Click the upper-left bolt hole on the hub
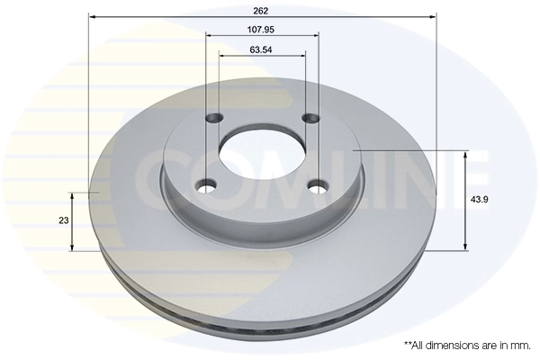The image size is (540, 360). click(x=215, y=118)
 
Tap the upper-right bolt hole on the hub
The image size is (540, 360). click(x=310, y=118)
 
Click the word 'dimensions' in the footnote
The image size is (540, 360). click(x=459, y=345)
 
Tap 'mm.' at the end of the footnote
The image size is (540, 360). click(x=521, y=345)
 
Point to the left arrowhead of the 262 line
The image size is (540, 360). click(x=93, y=18)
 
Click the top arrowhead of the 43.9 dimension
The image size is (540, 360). click(x=465, y=154)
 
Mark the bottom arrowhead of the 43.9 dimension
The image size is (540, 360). click(x=465, y=247)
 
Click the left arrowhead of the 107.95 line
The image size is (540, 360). click(x=210, y=34)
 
